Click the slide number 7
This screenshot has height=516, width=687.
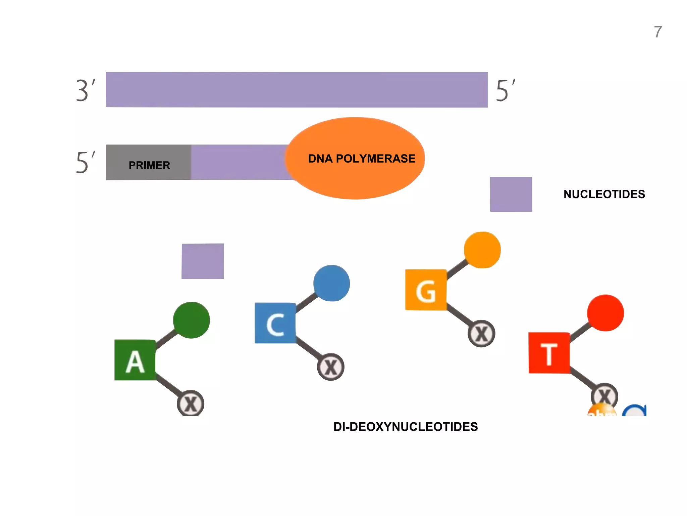click(658, 32)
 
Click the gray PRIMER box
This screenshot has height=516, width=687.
click(148, 163)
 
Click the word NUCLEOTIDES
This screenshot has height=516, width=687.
click(604, 194)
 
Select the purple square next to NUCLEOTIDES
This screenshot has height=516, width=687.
click(511, 194)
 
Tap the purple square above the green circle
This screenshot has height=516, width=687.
click(203, 261)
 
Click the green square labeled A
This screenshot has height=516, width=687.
click(135, 360)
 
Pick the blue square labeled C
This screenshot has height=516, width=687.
click(275, 323)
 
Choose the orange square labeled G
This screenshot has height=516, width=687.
click(426, 290)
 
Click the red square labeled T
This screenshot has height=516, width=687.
click(549, 353)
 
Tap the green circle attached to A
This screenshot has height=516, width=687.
click(191, 320)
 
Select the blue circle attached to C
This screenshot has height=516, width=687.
click(331, 283)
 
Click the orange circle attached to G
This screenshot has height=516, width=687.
click(482, 250)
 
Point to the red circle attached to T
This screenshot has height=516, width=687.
click(605, 313)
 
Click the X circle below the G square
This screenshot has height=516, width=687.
click(481, 334)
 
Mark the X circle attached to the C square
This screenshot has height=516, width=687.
click(331, 367)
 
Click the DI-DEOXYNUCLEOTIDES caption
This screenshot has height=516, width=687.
click(405, 427)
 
